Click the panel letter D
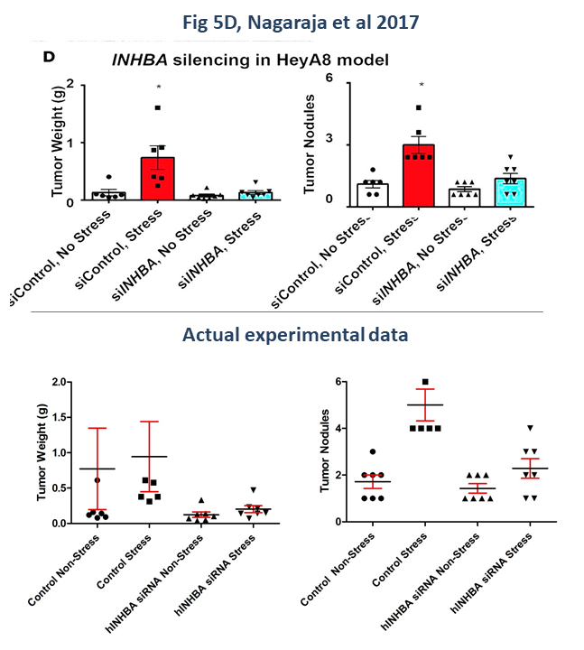click(x=50, y=57)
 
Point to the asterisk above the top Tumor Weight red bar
click(x=158, y=87)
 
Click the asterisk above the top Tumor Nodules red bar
click(x=419, y=86)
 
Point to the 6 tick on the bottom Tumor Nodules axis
click(x=341, y=382)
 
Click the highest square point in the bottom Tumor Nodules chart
click(x=425, y=383)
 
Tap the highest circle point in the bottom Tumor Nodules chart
click(x=373, y=451)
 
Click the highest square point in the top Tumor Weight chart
click(x=157, y=107)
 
